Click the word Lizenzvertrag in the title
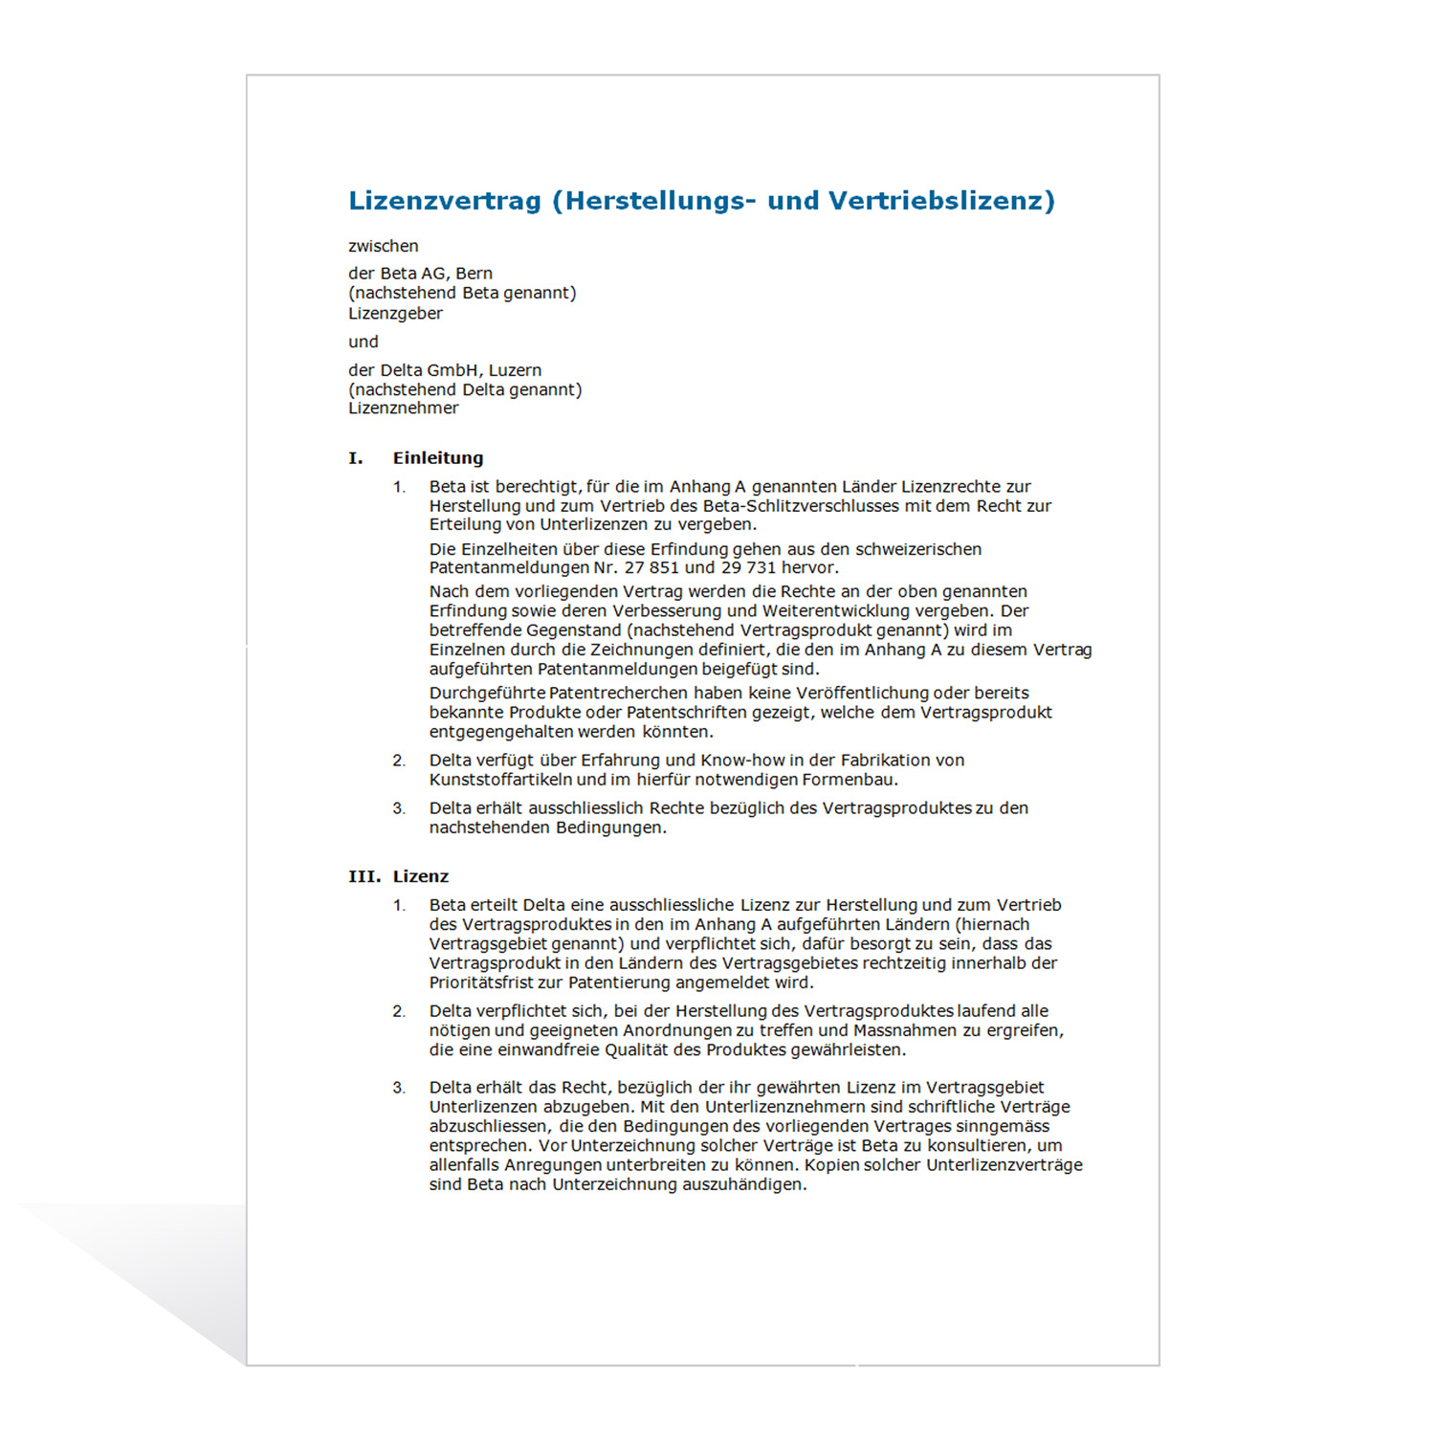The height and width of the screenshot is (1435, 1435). [x=445, y=201]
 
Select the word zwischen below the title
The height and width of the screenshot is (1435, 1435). [x=383, y=246]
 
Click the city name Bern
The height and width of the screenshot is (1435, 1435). [x=474, y=274]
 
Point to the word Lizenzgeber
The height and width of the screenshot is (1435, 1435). [x=395, y=314]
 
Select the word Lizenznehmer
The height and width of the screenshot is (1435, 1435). [x=403, y=408]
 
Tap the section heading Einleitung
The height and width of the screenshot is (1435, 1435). [x=438, y=458]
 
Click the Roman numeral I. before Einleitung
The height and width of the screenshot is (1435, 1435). [x=356, y=458]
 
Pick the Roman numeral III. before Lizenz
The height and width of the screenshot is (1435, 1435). [x=364, y=876]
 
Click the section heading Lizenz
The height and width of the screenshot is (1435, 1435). [x=421, y=876]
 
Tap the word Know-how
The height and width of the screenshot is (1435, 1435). [x=743, y=761]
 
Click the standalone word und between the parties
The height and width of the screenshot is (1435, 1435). [x=363, y=342]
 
